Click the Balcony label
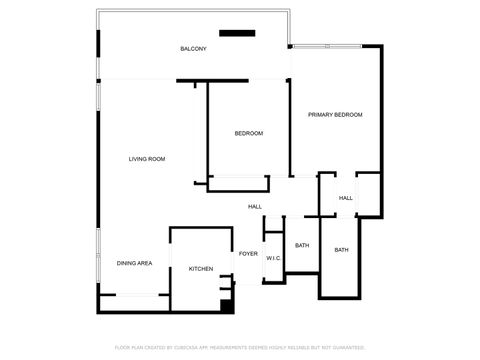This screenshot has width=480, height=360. [193, 49]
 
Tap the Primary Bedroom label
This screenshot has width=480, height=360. [335, 115]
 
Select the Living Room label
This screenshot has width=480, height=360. [147, 159]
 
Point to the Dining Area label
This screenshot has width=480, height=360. [134, 263]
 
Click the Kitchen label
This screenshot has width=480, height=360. [201, 269]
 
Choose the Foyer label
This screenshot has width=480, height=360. [248, 254]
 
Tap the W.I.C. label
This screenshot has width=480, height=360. [274, 259]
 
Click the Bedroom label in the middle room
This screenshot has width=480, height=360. [249, 133]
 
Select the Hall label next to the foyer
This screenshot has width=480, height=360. [255, 207]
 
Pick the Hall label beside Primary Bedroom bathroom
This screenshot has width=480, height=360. [346, 198]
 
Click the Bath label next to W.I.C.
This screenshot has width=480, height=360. [302, 245]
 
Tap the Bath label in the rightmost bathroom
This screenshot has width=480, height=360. [341, 250]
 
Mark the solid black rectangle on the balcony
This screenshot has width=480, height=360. [237, 33]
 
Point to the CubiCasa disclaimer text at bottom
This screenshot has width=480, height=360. [240, 347]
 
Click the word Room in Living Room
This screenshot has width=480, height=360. [157, 159]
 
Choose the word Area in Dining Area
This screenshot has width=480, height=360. [145, 263]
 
